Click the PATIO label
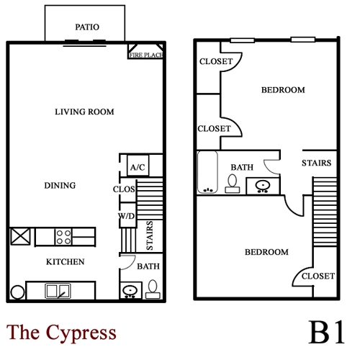pyautogui.click(x=87, y=27)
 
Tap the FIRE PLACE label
pyautogui.click(x=146, y=55)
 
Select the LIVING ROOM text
pyautogui.click(x=84, y=112)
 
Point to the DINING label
pyautogui.click(x=60, y=185)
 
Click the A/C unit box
pyautogui.click(x=138, y=166)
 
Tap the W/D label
pyautogui.click(x=127, y=216)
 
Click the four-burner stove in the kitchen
pyautogui.click(x=63, y=237)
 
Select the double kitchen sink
pyautogui.click(x=58, y=291)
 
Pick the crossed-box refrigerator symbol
pyautogui.click(x=20, y=237)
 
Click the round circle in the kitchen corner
pyautogui.click(x=17, y=292)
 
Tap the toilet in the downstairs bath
pyautogui.click(x=153, y=289)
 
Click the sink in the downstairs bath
pyautogui.click(x=130, y=292)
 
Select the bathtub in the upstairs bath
pyautogui.click(x=207, y=172)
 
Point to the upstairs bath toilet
pyautogui.click(x=233, y=184)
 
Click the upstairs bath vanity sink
pyautogui.click(x=263, y=186)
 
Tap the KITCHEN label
pyautogui.click(x=66, y=261)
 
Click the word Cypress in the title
pyautogui.click(x=81, y=333)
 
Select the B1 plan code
pyautogui.click(x=327, y=333)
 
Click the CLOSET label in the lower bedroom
pyautogui.click(x=318, y=276)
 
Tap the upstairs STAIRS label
pyautogui.click(x=317, y=163)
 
